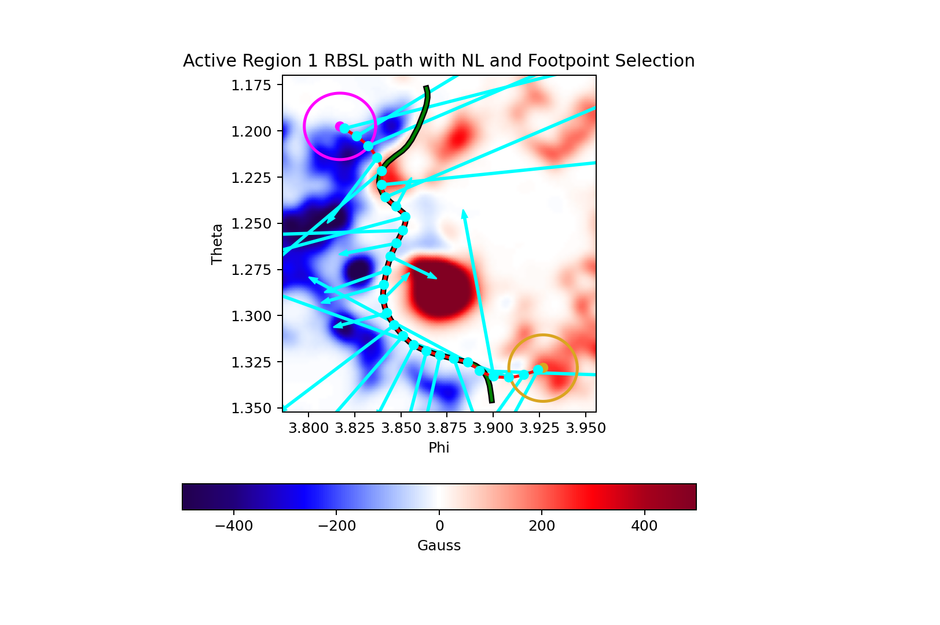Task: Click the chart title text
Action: coord(439,61)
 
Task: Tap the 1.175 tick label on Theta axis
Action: coord(251,85)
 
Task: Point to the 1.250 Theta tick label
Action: coord(251,223)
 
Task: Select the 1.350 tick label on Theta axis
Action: coord(251,409)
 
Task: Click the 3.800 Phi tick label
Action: coord(309,428)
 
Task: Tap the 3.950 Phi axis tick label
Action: coord(586,428)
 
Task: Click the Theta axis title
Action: coord(217,244)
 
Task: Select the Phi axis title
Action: coord(439,447)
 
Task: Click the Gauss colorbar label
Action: coord(439,546)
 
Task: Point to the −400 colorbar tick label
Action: coord(234,525)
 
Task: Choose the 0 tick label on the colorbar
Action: coord(439,525)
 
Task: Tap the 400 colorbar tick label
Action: coord(644,525)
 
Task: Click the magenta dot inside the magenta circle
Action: coord(339,126)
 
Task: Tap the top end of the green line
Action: coord(427,87)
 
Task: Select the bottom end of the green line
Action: coord(492,401)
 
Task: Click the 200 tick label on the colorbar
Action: coord(542,525)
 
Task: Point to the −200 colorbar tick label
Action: coord(336,525)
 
